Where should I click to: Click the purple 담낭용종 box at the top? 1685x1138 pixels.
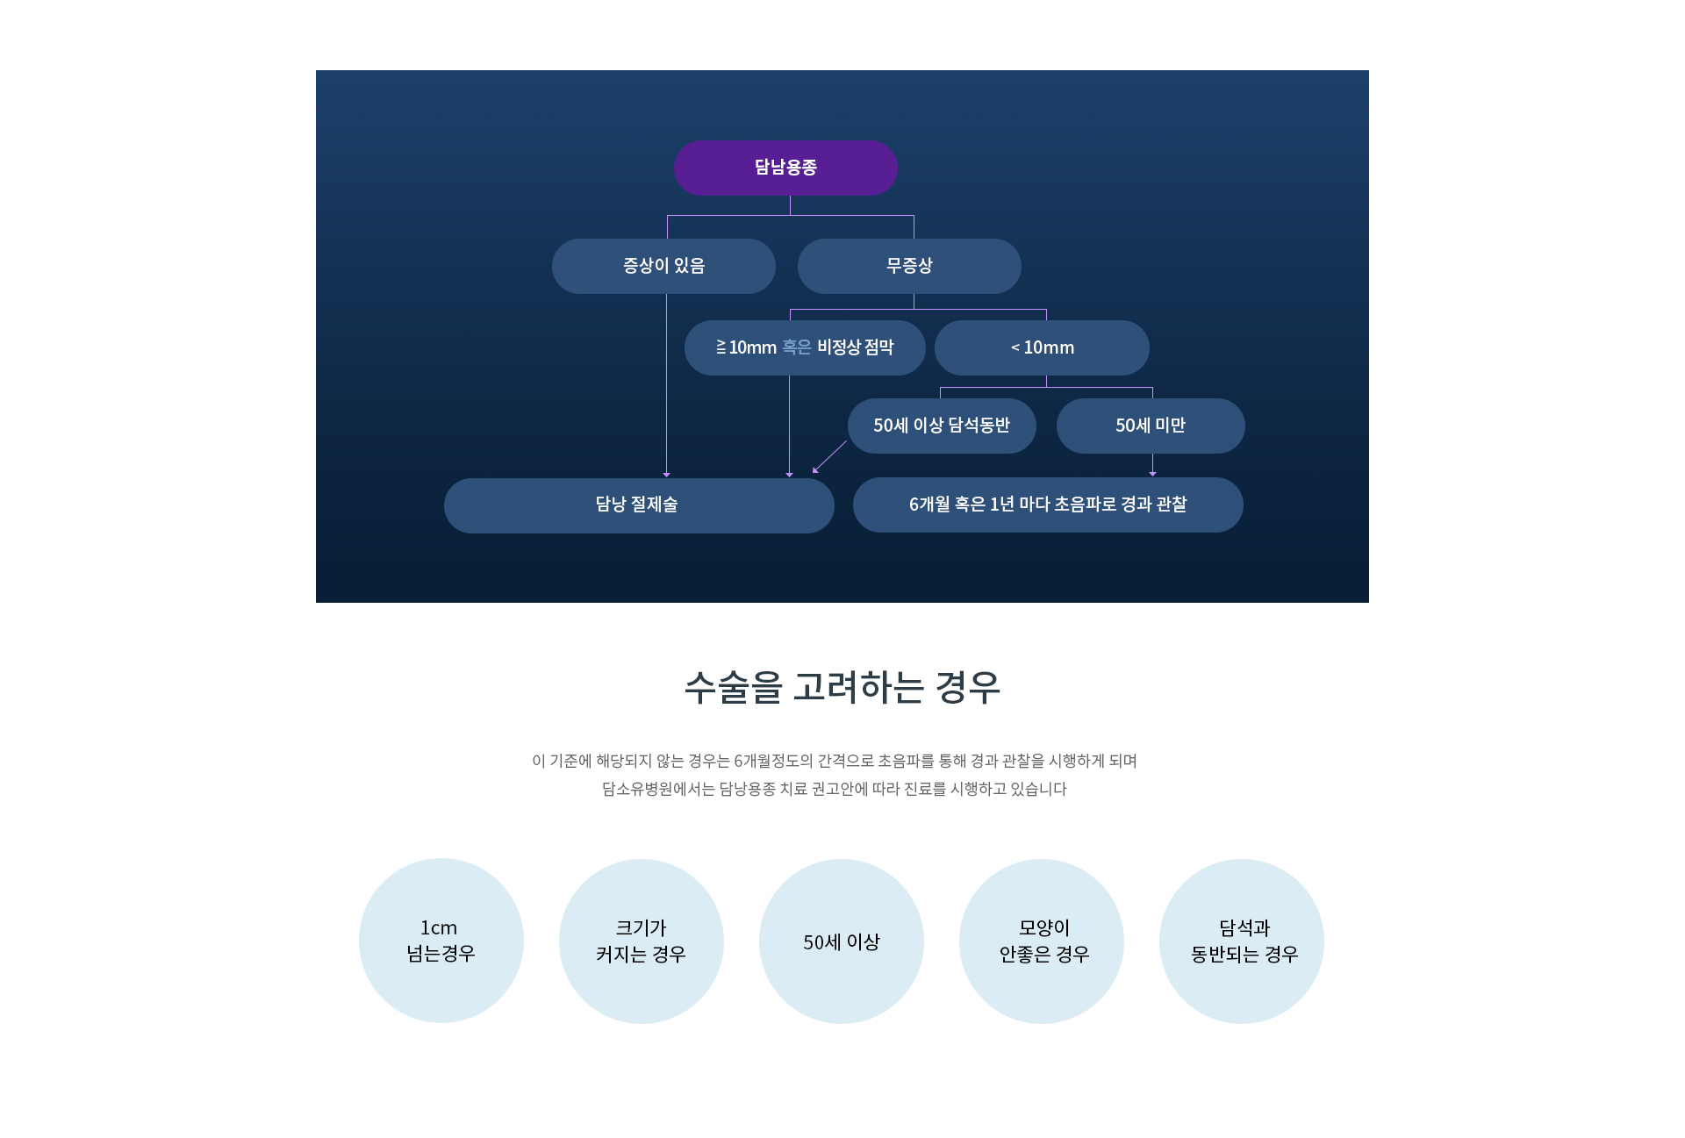tap(785, 168)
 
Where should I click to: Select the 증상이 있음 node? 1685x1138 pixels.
tap(663, 266)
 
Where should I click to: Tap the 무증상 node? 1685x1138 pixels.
tap(909, 266)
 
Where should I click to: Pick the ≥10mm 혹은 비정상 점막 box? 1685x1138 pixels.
tap(805, 347)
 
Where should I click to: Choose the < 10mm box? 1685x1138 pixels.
tap(1042, 347)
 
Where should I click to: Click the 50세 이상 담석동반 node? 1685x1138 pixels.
tap(942, 426)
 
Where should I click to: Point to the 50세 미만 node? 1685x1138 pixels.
tap(1151, 426)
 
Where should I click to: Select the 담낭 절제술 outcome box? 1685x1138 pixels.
tap(639, 505)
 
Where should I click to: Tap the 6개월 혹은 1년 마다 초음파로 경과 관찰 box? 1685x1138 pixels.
tap(1048, 505)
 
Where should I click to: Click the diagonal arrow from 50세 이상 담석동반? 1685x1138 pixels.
tap(829, 457)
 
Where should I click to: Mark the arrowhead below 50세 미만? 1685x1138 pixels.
tap(1152, 474)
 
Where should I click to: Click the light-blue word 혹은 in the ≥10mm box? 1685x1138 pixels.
tap(797, 347)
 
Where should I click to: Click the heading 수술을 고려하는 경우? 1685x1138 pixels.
tap(842, 687)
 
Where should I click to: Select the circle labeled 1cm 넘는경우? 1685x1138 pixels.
tap(441, 941)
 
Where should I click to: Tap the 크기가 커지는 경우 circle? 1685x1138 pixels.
tap(642, 941)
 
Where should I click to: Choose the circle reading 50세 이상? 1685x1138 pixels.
tap(842, 941)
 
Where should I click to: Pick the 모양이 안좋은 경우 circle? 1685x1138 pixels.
tap(1042, 941)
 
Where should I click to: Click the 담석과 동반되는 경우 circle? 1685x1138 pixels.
tap(1242, 941)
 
